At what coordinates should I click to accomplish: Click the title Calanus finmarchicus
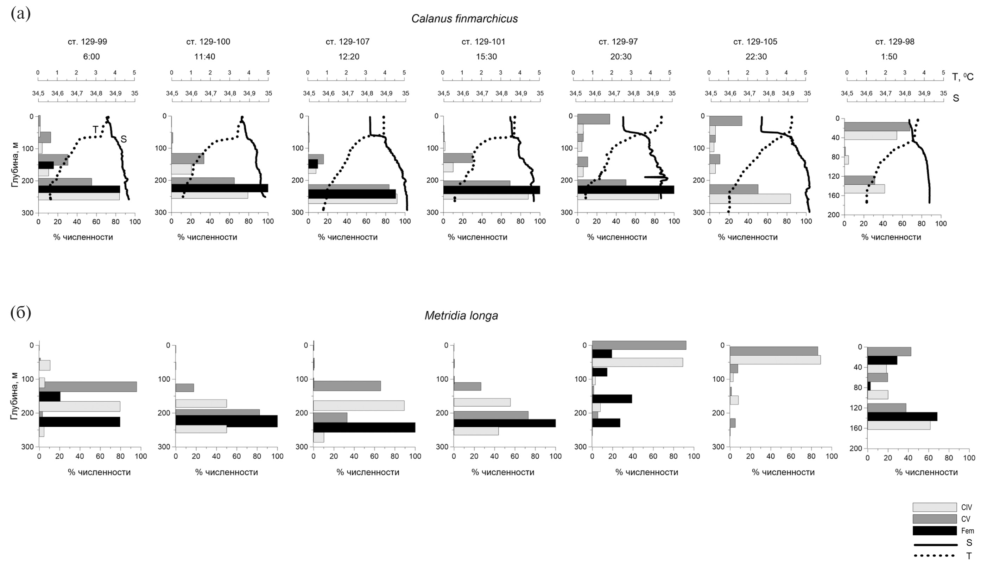[464, 19]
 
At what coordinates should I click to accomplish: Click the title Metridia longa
[461, 316]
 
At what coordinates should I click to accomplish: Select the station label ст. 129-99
[87, 42]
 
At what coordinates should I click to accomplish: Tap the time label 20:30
[621, 57]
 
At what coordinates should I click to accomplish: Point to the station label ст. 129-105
[755, 42]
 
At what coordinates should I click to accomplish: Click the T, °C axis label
[962, 77]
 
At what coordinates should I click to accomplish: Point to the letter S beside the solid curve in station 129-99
[124, 139]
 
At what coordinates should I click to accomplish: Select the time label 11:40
[205, 57]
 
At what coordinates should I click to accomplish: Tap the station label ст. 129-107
[347, 42]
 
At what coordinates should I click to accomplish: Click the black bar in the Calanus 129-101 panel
[491, 190]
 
